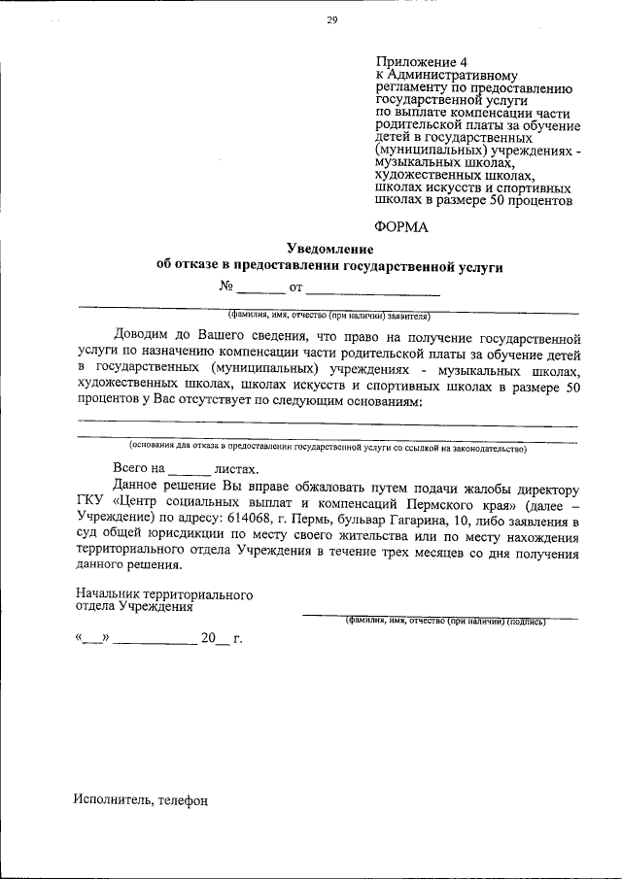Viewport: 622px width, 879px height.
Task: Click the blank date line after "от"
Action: point(373,288)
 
